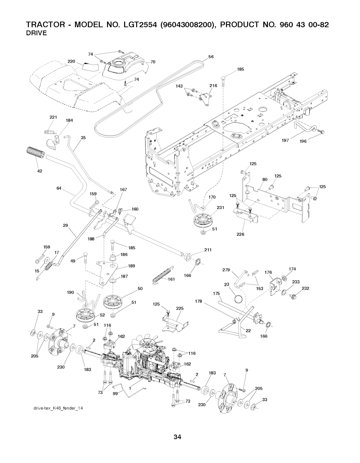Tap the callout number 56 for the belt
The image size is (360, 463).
pyautogui.click(x=211, y=57)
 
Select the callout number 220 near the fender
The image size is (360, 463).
pyautogui.click(x=67, y=62)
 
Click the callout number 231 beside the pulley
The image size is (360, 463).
pyautogui.click(x=220, y=208)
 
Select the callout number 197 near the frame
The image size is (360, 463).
pyautogui.click(x=285, y=140)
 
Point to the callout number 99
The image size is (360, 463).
pyautogui.click(x=115, y=394)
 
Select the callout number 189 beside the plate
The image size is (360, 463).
pyautogui.click(x=131, y=266)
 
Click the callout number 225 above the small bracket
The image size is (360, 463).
pyautogui.click(x=180, y=309)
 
